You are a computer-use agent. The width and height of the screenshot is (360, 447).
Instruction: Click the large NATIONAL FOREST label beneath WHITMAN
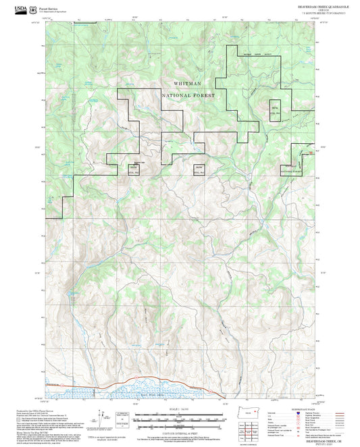188,95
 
